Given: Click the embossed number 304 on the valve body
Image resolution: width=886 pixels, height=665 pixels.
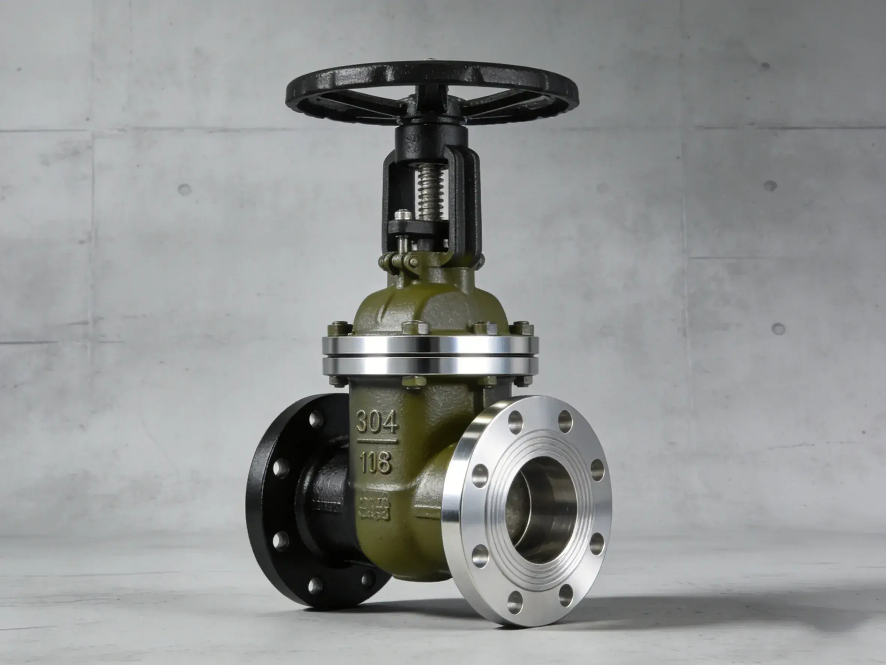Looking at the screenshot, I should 377,421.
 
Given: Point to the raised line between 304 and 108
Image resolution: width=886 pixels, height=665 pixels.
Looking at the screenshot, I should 377,442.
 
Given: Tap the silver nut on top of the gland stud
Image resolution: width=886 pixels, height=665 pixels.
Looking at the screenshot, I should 403,216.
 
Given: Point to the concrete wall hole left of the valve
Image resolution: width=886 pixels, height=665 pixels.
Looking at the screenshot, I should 184,190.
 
